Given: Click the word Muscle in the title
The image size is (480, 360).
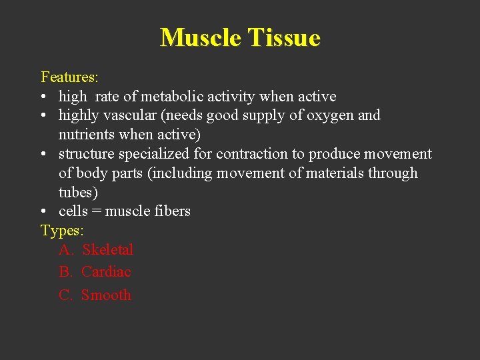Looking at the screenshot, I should pos(201,37).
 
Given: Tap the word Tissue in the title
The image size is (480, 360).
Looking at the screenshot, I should pos(284,37).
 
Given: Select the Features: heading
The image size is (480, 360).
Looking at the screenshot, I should pos(69,77).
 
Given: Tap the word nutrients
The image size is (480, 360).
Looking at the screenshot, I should pos(87,135).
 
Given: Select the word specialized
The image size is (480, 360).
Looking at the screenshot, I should pos(158,154).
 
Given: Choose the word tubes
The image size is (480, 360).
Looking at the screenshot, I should pos(76,192).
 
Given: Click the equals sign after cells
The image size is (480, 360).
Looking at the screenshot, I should pos(97,211).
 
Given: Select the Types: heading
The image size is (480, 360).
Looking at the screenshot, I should pos(63,231).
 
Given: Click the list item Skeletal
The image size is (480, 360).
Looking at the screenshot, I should pos(108,250).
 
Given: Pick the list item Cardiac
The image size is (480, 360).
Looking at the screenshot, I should pos(106,272).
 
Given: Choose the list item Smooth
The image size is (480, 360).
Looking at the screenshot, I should pos(106,295).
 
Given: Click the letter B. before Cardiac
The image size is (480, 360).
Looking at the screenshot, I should pos(66,272).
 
